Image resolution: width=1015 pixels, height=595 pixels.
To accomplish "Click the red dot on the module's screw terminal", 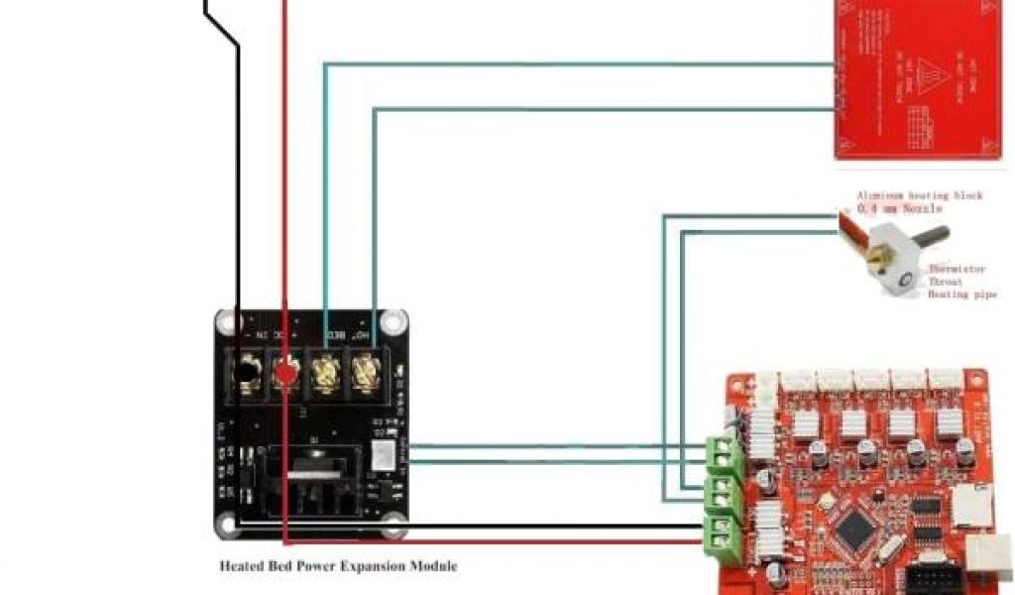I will pos(284,374).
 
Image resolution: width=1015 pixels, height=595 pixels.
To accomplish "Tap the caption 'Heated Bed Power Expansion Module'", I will pos(338,566).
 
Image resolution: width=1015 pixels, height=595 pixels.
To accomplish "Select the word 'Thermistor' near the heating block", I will pos(957,269).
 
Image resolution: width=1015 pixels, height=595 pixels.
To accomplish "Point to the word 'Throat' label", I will pos(946,282).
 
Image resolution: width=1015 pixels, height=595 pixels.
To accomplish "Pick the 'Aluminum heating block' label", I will pos(919,195).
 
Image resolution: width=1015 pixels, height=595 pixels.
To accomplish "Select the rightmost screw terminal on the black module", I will pos(366,374).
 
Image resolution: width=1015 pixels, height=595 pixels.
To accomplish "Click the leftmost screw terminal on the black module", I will pos(244,374).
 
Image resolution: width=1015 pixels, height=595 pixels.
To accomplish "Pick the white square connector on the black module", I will pos(381,455).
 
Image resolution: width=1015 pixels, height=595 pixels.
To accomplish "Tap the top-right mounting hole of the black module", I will pos(395,322).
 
